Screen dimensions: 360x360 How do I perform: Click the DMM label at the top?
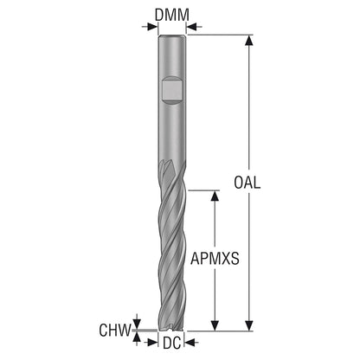coord(172,16)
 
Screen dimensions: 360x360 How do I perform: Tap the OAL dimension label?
coord(247,183)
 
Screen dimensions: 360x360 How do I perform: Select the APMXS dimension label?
coord(215,258)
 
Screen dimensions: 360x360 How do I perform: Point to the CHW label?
coord(115,331)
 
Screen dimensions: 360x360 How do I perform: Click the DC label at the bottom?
coord(172,343)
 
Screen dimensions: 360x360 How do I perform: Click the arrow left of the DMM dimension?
coord(150,27)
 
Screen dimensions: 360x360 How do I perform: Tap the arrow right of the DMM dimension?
coord(194,27)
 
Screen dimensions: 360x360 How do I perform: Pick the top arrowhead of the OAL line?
coord(249,40)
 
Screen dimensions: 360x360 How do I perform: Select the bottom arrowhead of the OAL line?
coord(249,325)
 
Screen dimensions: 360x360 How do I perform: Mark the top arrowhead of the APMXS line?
coord(215,196)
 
